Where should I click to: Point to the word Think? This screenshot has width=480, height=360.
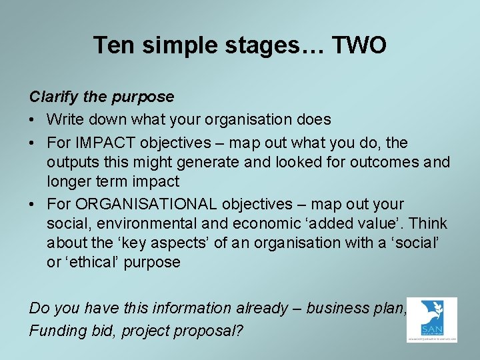427,223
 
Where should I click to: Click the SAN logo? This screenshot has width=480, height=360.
431,320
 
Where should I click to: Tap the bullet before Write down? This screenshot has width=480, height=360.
33,120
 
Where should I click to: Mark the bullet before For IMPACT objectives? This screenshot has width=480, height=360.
33,143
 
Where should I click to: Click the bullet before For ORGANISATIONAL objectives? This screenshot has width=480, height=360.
33,204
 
